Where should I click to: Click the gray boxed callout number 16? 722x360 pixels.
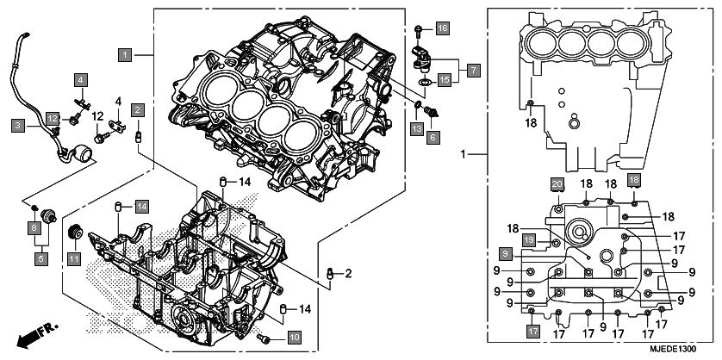click(442, 28)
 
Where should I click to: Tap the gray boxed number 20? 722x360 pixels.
click(557, 184)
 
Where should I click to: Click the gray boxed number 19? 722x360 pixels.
click(529, 239)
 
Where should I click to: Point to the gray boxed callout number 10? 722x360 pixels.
click(295, 338)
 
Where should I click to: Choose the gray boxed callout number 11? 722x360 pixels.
click(74, 259)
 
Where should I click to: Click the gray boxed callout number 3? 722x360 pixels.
click(18, 125)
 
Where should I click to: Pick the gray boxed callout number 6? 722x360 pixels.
click(433, 137)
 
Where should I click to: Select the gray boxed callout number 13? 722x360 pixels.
click(417, 129)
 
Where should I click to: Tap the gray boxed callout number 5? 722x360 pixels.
click(41, 259)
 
